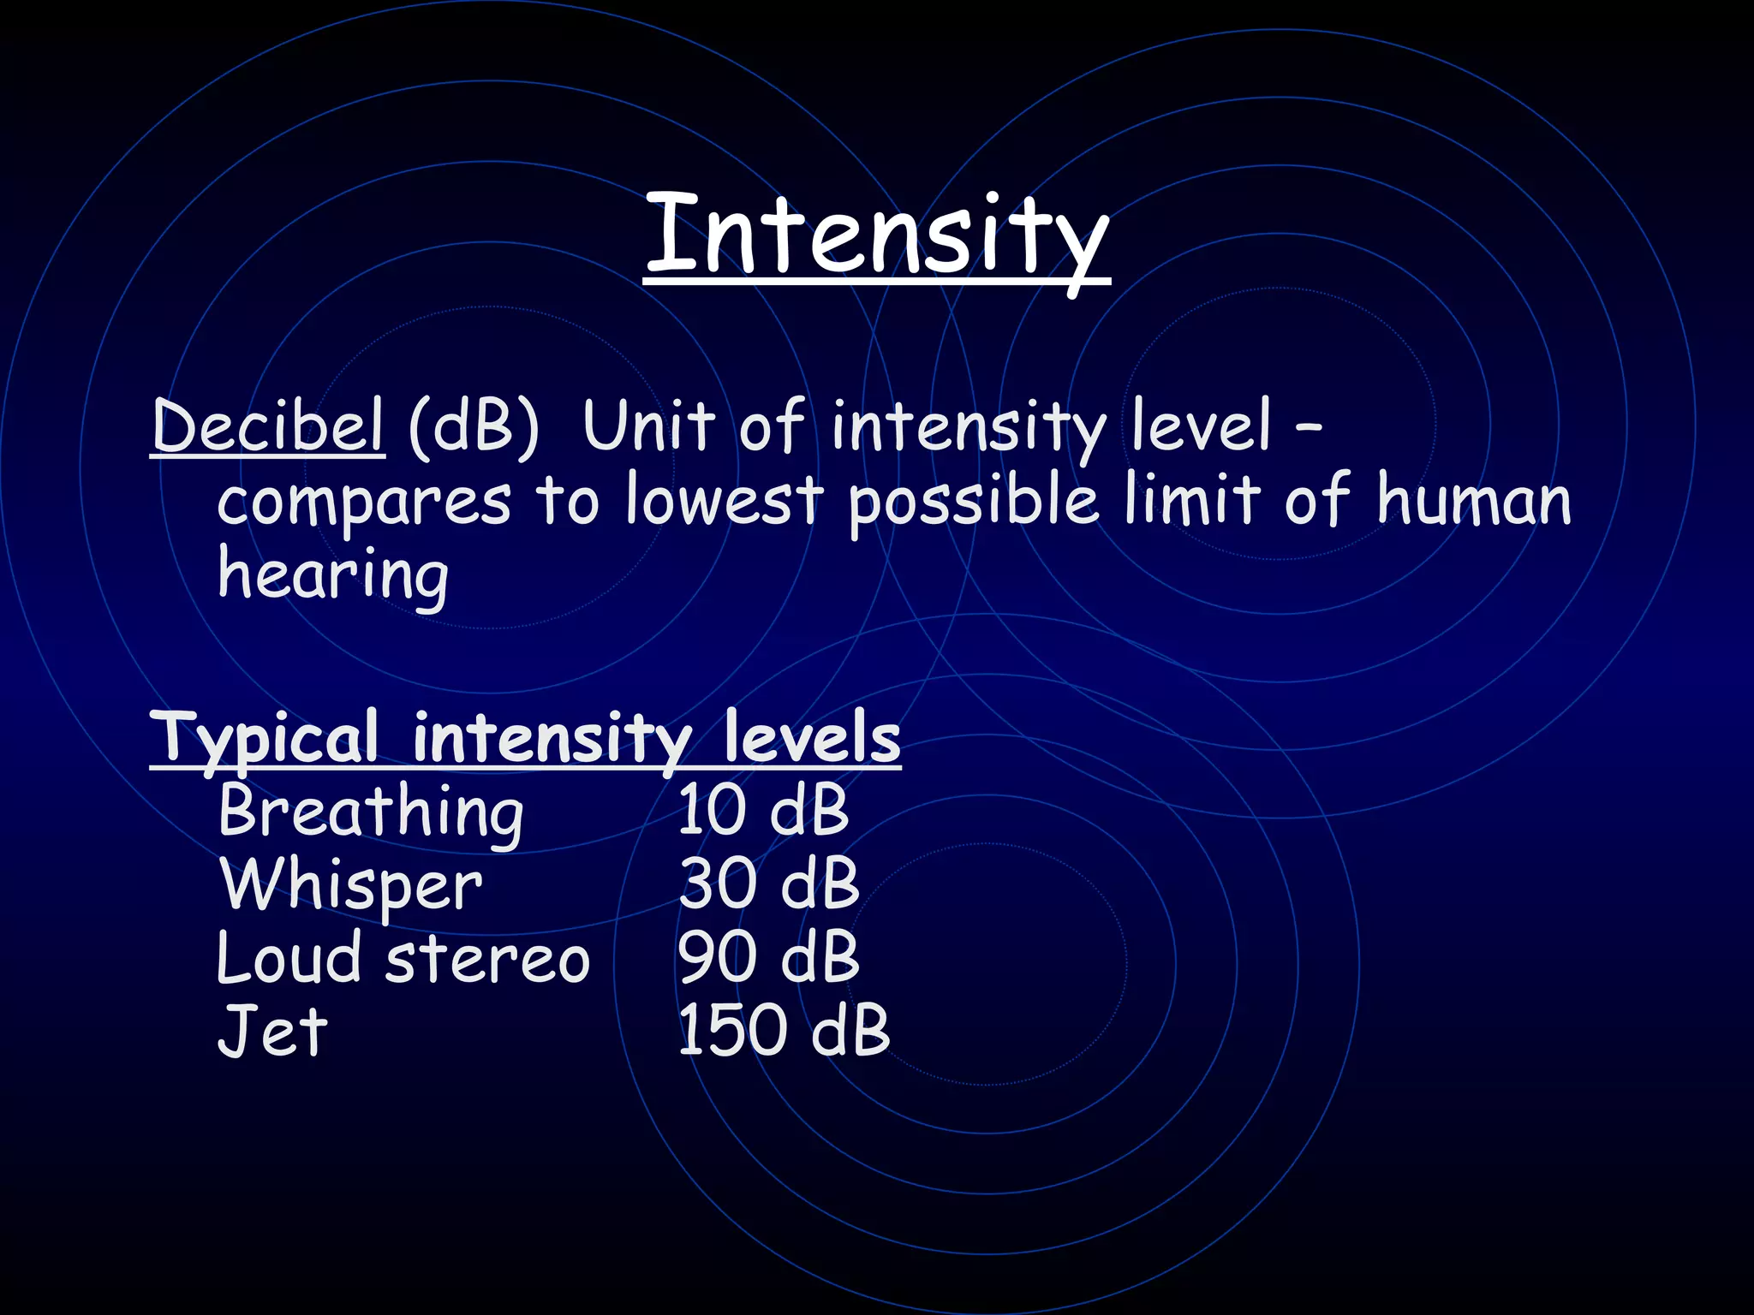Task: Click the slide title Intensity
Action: pos(877,235)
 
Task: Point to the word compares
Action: pos(363,503)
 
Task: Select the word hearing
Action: pos(333,576)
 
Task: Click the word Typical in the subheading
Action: pos(265,739)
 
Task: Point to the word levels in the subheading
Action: pos(812,737)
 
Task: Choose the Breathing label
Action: pos(370,812)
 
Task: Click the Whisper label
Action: pos(351,886)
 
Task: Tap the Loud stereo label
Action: pos(403,958)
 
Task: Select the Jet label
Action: pos(272,1031)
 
